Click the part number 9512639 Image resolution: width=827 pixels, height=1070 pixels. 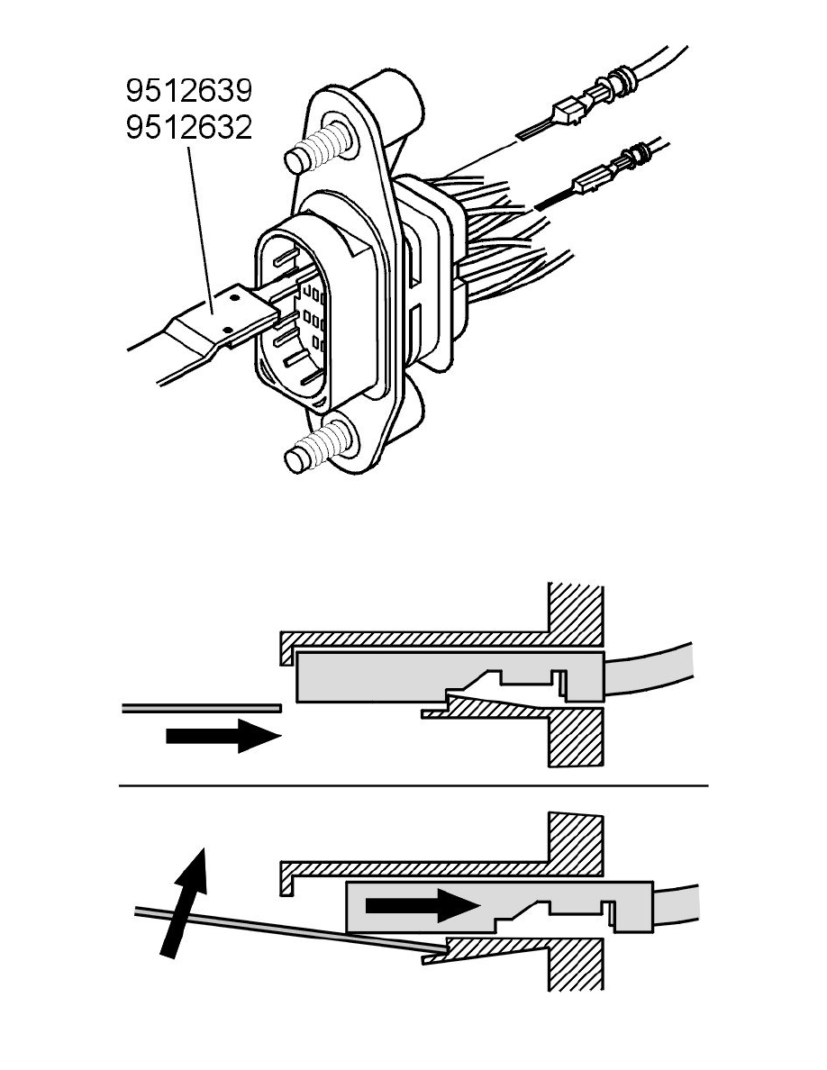pos(187,91)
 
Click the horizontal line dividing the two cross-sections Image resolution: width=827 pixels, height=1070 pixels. pos(414,785)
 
